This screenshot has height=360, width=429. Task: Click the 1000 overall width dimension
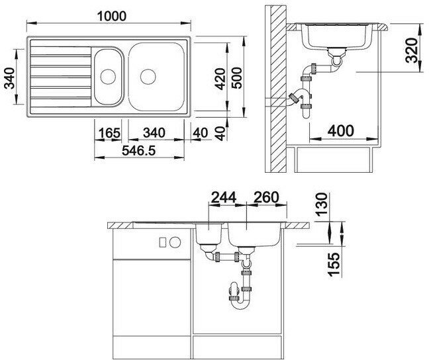(112, 16)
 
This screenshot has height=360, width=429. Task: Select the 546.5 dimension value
(139, 150)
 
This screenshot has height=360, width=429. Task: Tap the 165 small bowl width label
(109, 133)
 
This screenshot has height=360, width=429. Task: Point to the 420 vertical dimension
(220, 79)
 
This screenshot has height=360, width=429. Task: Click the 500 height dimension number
(237, 78)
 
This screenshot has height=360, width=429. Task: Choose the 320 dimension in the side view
(412, 50)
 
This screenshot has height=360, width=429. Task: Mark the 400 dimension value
(341, 131)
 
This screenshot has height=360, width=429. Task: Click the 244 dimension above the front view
(224, 197)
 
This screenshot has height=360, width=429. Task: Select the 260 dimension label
(266, 197)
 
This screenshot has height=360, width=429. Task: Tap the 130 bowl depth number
(322, 204)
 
